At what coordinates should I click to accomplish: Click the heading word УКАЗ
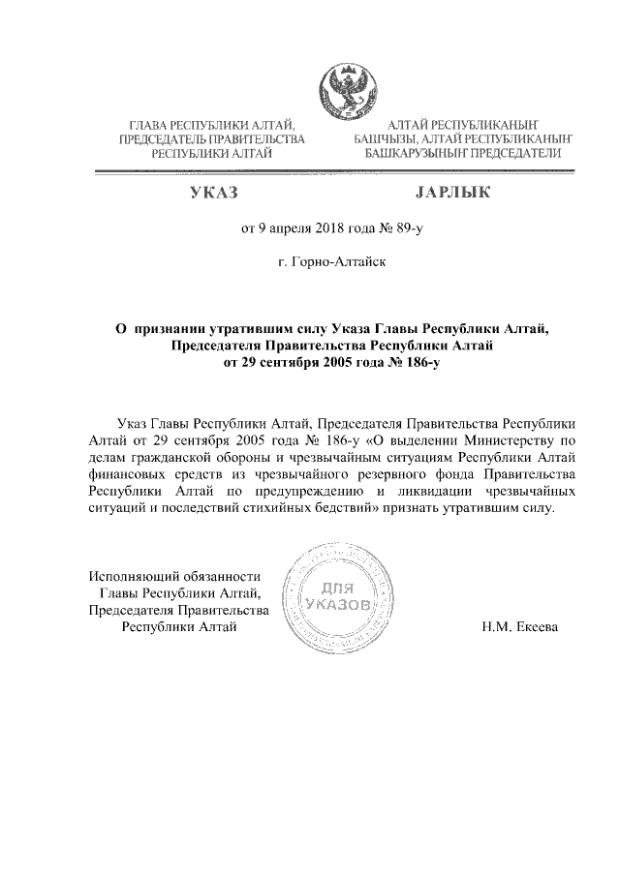pos(214,194)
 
